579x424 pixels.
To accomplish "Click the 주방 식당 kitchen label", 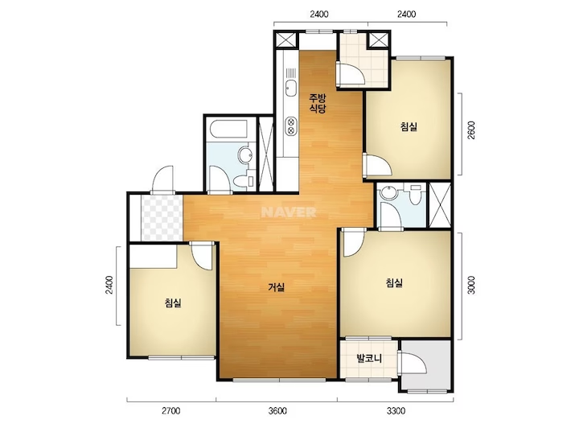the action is click(x=318, y=104).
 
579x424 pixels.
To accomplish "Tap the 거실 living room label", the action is click(x=277, y=287).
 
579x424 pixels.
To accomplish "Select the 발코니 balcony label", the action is click(x=369, y=358).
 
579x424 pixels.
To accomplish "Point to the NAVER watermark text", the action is click(x=289, y=212).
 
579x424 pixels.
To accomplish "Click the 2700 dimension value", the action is click(x=171, y=410).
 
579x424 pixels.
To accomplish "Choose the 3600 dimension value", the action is click(x=277, y=410).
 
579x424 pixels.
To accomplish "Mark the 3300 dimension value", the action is click(x=396, y=410).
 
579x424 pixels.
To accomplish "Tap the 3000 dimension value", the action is click(x=471, y=285).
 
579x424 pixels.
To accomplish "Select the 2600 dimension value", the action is click(x=471, y=130).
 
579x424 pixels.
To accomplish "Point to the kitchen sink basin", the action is click(x=291, y=88).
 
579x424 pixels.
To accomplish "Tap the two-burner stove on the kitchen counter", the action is click(x=291, y=126).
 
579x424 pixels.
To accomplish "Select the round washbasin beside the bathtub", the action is click(x=244, y=154).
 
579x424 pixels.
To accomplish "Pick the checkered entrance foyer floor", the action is click(x=162, y=218).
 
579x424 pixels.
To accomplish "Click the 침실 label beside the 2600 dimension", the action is click(x=409, y=126).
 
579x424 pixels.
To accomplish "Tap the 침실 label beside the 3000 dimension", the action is click(x=394, y=283).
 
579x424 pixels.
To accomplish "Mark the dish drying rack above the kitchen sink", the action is click(x=291, y=72).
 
